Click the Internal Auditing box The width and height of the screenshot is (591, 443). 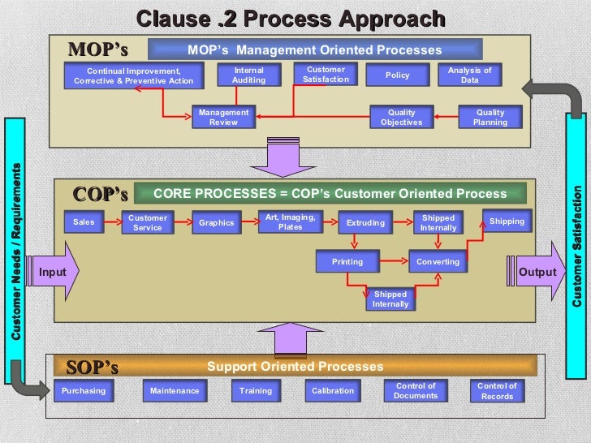[x=248, y=75]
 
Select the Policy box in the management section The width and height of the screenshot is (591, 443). [x=398, y=75]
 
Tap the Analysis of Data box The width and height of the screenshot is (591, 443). [x=470, y=75]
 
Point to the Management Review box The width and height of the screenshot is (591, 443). [x=223, y=118]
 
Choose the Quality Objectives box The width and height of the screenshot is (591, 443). [x=401, y=118]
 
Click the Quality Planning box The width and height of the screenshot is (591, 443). [x=490, y=118]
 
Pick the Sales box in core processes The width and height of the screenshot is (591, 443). [x=84, y=222]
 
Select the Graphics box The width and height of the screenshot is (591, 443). [x=216, y=222]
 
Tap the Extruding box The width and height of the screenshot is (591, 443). [x=365, y=222]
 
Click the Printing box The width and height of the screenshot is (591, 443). [x=347, y=262]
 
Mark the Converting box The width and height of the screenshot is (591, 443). [x=438, y=262]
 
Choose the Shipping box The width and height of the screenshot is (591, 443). [x=507, y=221]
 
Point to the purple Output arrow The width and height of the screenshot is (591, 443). [x=537, y=272]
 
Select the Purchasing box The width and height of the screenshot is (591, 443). [x=84, y=390]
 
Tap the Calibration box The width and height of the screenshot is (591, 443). [x=333, y=390]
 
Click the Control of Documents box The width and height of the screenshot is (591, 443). [x=416, y=390]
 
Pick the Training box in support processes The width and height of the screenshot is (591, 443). [x=256, y=390]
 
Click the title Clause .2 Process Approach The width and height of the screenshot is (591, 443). [x=291, y=18]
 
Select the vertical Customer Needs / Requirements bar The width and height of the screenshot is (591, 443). [x=17, y=243]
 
